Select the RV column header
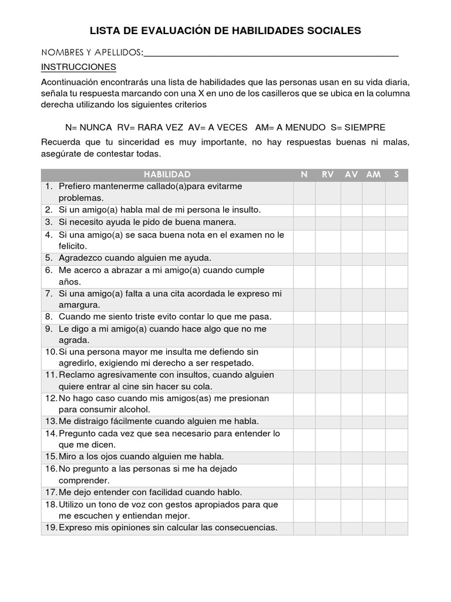pos(328,175)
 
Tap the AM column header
pos(373,175)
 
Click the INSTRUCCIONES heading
pos(79,67)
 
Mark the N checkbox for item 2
pos(304,210)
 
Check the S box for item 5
pos(396,258)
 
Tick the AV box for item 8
pos(351,317)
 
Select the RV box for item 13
pos(327,422)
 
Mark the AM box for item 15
pos(373,457)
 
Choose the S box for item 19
pos(396,528)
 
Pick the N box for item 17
pos(304,493)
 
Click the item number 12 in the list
pos(50,399)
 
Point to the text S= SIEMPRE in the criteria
pos(358,128)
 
